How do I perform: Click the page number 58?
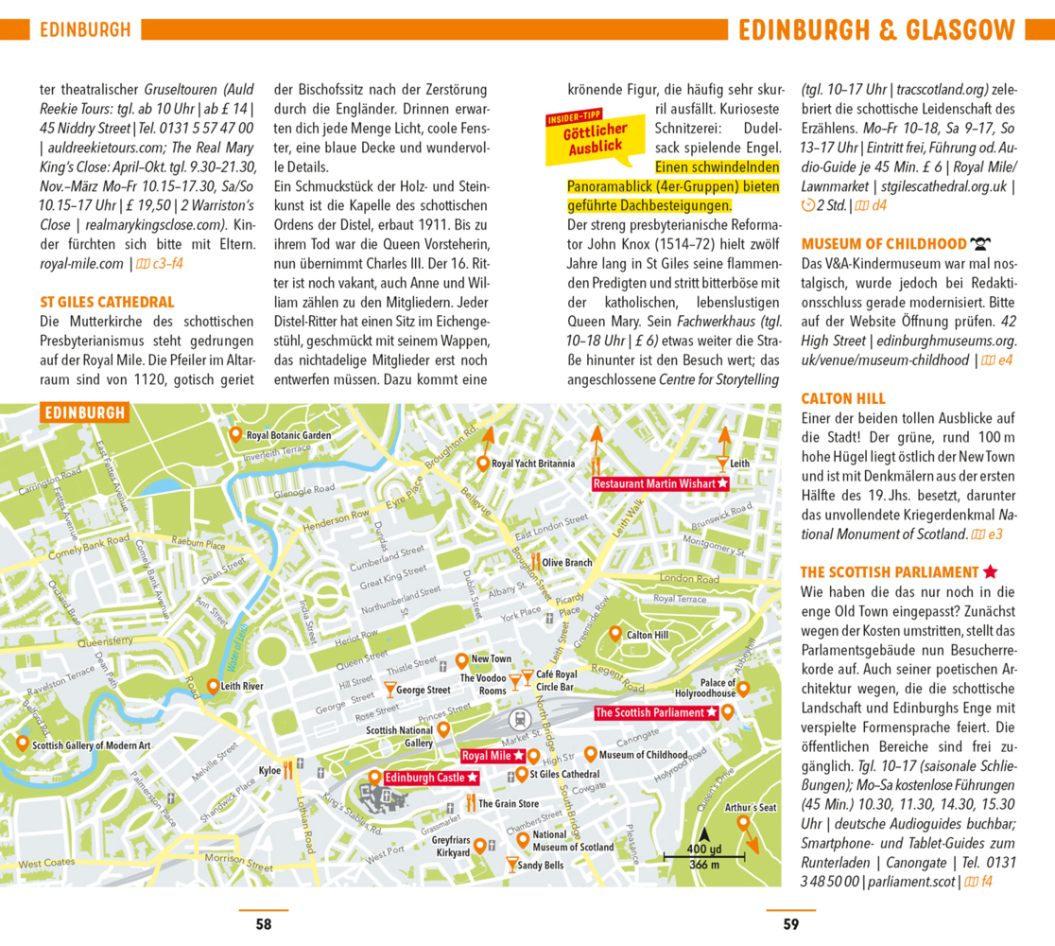point(264,924)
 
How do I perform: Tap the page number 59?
point(790,924)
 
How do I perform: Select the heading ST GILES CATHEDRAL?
point(107,303)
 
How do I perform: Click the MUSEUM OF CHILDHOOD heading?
point(884,244)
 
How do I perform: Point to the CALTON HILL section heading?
point(843,398)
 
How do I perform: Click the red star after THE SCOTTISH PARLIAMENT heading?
point(990,572)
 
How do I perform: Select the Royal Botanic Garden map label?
point(287,436)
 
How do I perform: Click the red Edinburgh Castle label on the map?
point(424,778)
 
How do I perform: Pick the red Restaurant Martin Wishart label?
point(661,483)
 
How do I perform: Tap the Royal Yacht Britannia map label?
point(532,464)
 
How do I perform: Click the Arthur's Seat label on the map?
point(751,808)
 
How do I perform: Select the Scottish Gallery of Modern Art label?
point(91,745)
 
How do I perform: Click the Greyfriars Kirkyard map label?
point(451,847)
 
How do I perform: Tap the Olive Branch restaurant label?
point(567,563)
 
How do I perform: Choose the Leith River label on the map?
point(242,686)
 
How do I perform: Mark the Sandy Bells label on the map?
point(541,865)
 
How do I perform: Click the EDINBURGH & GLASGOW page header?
point(876,29)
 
